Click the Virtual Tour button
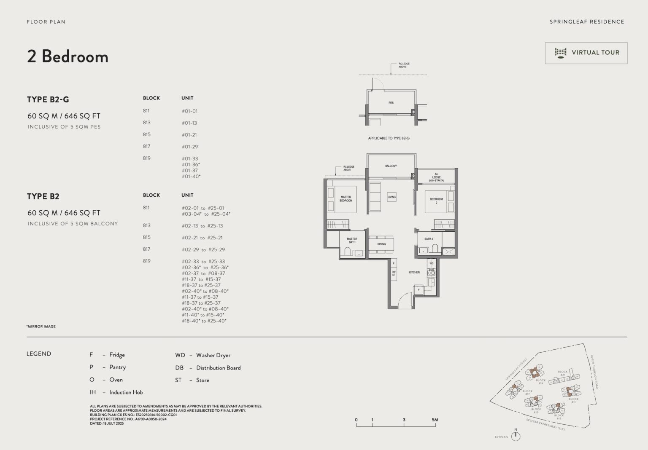(586, 53)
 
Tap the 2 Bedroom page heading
(67, 56)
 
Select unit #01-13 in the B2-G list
(189, 123)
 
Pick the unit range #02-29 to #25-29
(203, 250)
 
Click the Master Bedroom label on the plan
(346, 199)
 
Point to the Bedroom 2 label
(436, 201)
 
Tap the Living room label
(391, 197)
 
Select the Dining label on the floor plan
(381, 244)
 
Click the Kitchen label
(414, 273)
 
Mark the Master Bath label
(352, 241)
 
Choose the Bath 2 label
(429, 239)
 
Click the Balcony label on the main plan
(391, 166)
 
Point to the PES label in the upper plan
(391, 103)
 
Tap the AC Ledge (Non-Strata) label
(436, 177)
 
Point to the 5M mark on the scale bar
(435, 420)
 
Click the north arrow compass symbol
(516, 436)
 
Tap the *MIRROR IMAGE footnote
(41, 327)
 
